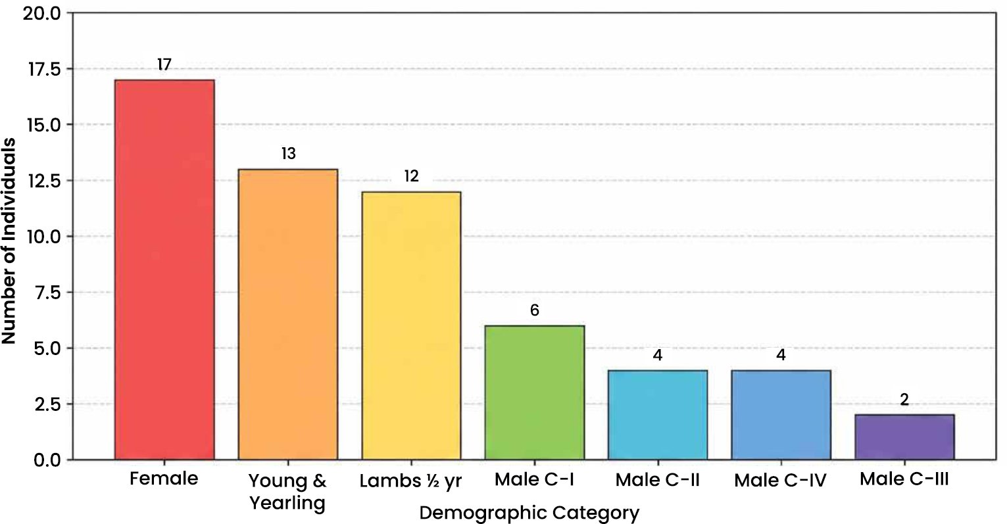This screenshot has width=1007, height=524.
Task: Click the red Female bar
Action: (x=164, y=270)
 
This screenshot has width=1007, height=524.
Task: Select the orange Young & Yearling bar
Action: (x=287, y=314)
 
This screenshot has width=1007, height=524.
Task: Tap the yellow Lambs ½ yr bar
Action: (x=411, y=325)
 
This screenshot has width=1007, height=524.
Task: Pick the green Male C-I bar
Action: (x=535, y=393)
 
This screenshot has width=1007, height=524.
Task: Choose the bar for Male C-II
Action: (x=658, y=415)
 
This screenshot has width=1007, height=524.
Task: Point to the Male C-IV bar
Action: (x=781, y=415)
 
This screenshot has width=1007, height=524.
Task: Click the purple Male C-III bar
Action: (x=904, y=437)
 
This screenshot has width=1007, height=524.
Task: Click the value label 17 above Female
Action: (x=164, y=64)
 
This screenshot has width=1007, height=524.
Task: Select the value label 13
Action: (x=289, y=154)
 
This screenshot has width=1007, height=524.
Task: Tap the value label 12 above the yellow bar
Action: (x=411, y=176)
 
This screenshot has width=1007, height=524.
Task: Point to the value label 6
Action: (x=535, y=310)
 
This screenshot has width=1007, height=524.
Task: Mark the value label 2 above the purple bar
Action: (x=904, y=400)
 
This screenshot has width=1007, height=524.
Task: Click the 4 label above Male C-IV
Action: (x=781, y=355)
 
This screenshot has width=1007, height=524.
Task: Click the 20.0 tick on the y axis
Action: (x=42, y=14)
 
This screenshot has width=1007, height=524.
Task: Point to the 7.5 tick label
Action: (x=47, y=293)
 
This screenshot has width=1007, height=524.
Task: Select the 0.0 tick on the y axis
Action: (x=47, y=460)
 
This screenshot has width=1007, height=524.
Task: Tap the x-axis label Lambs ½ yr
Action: (x=410, y=481)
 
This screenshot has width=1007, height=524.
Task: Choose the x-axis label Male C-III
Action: (x=904, y=479)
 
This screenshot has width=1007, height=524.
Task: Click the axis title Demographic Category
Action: (x=529, y=513)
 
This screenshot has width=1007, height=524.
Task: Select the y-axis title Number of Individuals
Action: (x=9, y=241)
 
